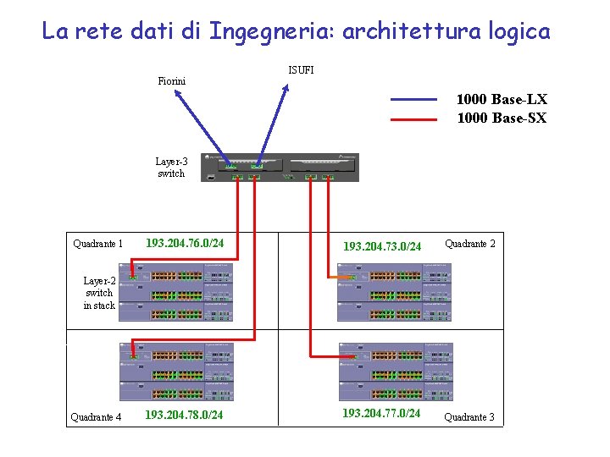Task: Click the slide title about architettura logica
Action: pos(296,32)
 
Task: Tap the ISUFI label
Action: pos(301,70)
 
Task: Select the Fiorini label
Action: pos(172,81)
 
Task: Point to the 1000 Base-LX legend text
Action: pos(502,100)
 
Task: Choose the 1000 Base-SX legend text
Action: pos(502,118)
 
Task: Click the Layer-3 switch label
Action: pos(171,167)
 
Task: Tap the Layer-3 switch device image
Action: pos(280,167)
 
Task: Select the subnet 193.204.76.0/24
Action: pos(185,244)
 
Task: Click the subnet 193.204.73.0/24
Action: pos(381,246)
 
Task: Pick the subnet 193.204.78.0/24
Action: pos(184,415)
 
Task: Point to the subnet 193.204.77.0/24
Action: pos(380,413)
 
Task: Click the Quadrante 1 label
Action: pos(97,245)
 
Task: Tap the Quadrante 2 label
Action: pos(470,244)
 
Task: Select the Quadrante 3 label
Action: pos(469,417)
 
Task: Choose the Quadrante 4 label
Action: pos(96,417)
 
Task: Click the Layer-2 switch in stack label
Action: pos(99,293)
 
